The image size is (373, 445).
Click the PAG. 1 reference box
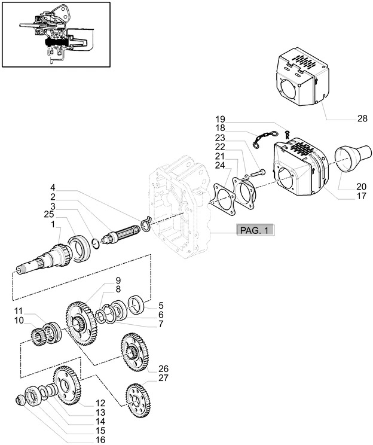point(255,230)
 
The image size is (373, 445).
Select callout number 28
point(362,119)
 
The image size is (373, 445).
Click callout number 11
point(19,311)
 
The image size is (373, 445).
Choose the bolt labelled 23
point(254,172)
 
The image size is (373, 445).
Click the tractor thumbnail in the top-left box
point(56,34)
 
